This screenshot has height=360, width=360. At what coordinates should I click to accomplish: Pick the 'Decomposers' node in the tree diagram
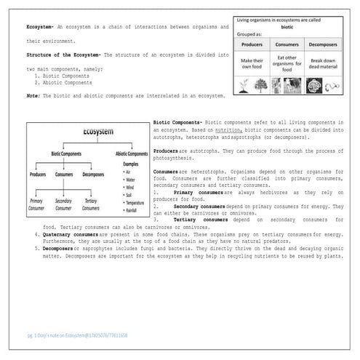coord(93,175)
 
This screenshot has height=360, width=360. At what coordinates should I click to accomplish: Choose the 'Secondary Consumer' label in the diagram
coord(63,204)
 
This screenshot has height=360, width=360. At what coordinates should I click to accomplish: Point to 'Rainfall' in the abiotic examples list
coord(130,210)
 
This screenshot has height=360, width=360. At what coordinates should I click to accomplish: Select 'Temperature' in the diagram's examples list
coord(134,203)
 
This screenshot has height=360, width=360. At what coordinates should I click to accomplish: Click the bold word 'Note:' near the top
coord(33,95)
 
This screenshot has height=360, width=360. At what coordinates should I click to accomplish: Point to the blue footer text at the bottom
coord(76,336)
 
